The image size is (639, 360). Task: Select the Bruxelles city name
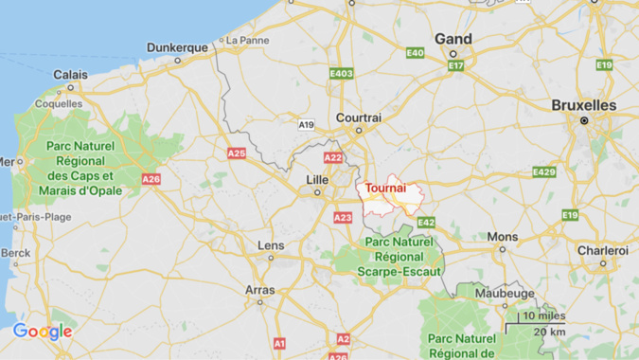[x=584, y=105]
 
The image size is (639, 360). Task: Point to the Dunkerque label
[x=177, y=47]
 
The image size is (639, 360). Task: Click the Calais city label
[x=70, y=74]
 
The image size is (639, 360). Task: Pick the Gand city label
[x=453, y=39]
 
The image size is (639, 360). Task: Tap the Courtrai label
[x=359, y=118]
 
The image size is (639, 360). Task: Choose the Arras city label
[x=260, y=290]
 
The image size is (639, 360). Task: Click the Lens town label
[x=271, y=245]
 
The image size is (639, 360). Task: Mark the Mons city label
[x=503, y=236]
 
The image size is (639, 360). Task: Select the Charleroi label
[x=603, y=250]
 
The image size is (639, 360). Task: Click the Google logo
[x=43, y=332]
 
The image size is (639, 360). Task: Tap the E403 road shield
[x=341, y=73]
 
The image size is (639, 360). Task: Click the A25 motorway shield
[x=237, y=153]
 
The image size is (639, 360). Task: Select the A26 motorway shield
[x=151, y=178]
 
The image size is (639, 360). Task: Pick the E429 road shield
[x=544, y=171]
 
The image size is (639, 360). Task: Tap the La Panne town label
[x=245, y=41]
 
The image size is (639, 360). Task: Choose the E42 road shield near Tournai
[x=426, y=222]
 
